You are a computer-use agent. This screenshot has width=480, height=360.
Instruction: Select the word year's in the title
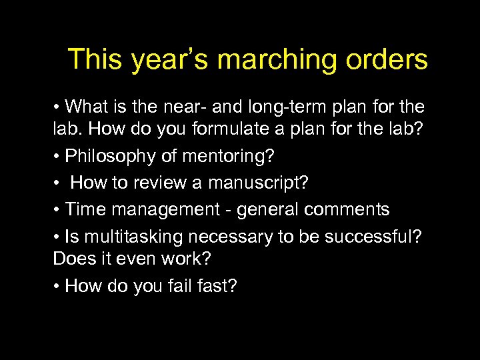(x=171, y=60)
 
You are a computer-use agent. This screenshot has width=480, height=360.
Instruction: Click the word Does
(x=73, y=257)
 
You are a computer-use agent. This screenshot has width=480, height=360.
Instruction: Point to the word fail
(x=183, y=287)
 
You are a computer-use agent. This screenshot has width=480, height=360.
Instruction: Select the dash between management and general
(x=231, y=210)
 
